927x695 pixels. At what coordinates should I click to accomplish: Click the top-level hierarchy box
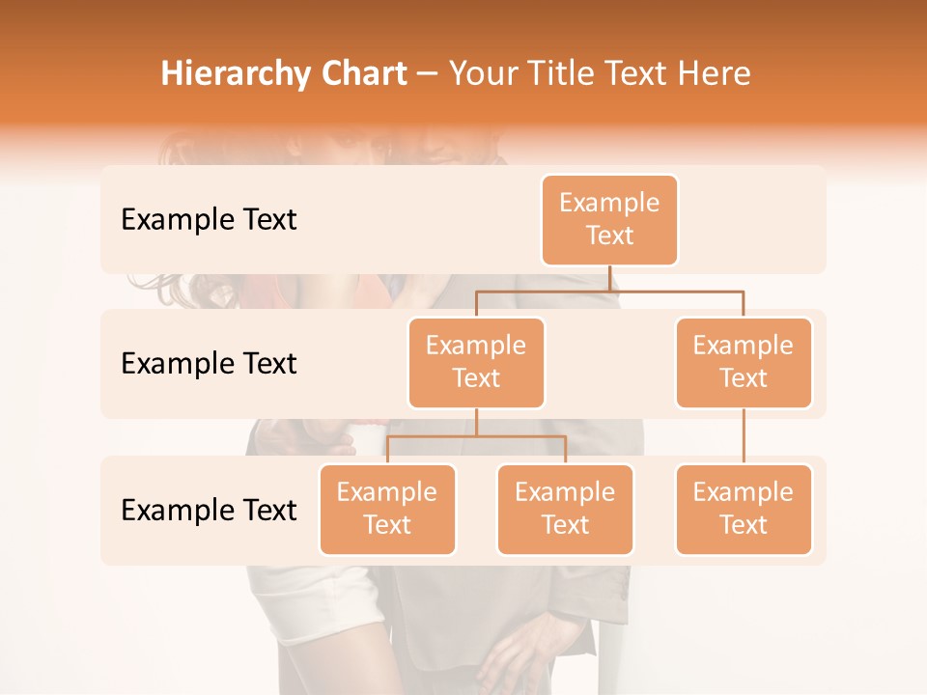pos(609,220)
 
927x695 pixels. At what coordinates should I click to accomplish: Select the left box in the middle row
pos(476,363)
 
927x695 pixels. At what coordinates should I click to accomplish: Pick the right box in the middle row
pos(744,363)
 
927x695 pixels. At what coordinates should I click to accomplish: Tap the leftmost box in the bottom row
pos(387,510)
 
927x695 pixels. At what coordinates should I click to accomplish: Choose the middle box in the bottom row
pos(565,510)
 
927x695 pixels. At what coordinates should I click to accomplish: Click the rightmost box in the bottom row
pos(744,510)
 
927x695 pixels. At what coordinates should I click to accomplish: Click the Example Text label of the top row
pos(209,220)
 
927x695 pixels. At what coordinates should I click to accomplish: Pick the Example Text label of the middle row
pos(209,364)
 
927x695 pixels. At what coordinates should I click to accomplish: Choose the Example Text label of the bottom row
pos(209,511)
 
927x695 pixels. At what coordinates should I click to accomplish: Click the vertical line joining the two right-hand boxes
pos(744,436)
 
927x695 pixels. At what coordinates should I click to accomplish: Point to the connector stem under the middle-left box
pos(476,422)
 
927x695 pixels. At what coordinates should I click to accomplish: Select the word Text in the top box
pos(609,236)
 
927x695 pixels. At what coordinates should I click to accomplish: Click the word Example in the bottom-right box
pos(744,493)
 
